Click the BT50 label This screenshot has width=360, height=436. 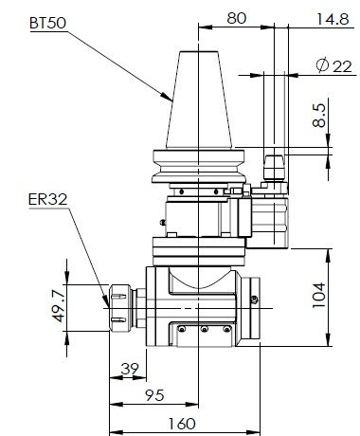48,23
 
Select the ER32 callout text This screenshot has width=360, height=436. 48,199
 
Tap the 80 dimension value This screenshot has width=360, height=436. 236,18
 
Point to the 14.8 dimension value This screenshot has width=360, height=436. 333,19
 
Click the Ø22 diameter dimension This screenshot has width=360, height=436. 333,65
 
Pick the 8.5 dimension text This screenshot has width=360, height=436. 319,116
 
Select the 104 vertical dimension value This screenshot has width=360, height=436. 318,296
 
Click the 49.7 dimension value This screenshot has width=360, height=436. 59,306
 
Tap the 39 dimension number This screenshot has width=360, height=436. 130,369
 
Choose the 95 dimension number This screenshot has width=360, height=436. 154,395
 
